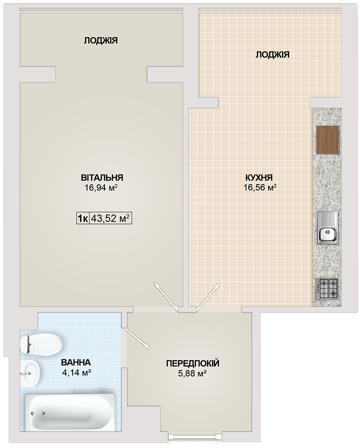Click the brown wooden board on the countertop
click(x=328, y=140)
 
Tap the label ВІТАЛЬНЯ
click(x=102, y=177)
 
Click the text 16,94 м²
click(x=101, y=188)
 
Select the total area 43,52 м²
click(x=110, y=219)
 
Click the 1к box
click(x=83, y=219)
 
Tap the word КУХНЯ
click(x=259, y=177)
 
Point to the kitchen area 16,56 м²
click(x=260, y=187)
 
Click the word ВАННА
click(x=76, y=362)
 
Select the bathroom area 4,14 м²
click(x=77, y=372)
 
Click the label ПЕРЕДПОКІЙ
click(x=193, y=363)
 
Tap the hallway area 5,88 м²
click(x=193, y=374)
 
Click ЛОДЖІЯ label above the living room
click(x=101, y=41)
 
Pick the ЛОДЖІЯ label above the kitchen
click(x=273, y=54)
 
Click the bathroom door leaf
click(x=135, y=338)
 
